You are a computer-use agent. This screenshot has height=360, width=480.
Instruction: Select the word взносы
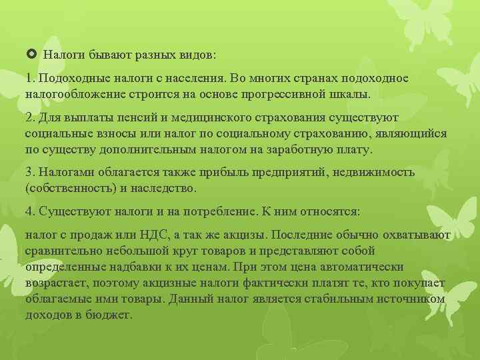(x=115, y=133)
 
